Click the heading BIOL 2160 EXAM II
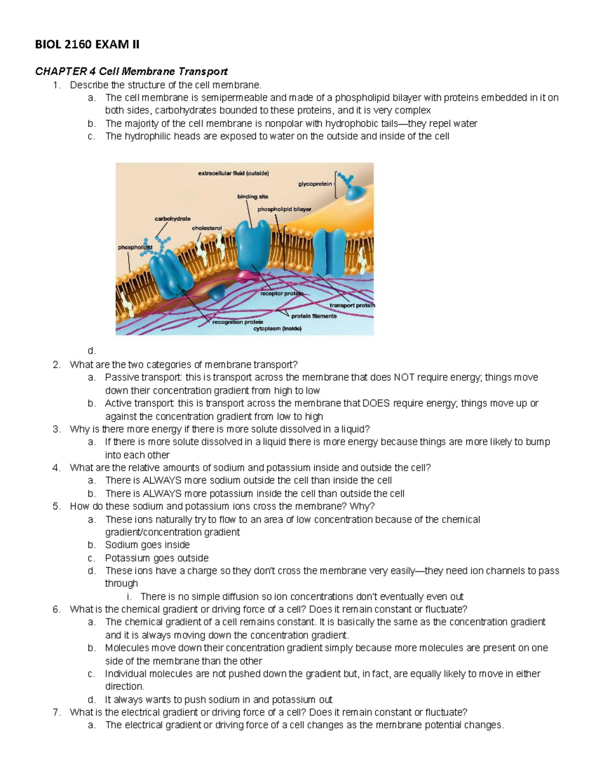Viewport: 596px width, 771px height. click(x=87, y=45)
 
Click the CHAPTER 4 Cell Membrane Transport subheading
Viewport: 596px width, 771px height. click(x=131, y=71)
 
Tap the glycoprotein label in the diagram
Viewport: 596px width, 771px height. click(x=315, y=184)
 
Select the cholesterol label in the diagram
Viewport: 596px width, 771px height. click(x=207, y=228)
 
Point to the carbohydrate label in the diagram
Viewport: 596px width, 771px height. click(x=172, y=218)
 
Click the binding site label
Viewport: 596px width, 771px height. click(x=252, y=197)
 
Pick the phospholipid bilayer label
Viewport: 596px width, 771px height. click(x=284, y=209)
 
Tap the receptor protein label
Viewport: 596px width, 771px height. click(x=282, y=293)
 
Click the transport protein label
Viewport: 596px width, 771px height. click(x=352, y=305)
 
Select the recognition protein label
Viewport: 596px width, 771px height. click(x=237, y=322)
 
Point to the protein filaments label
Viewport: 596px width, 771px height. click(x=314, y=316)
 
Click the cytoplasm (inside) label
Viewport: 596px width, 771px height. click(x=277, y=328)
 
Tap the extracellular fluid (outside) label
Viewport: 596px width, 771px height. click(x=233, y=173)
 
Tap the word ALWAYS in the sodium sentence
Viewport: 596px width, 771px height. click(x=162, y=480)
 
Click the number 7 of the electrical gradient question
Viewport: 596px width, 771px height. click(x=56, y=712)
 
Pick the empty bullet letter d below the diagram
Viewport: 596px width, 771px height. click(x=91, y=351)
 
